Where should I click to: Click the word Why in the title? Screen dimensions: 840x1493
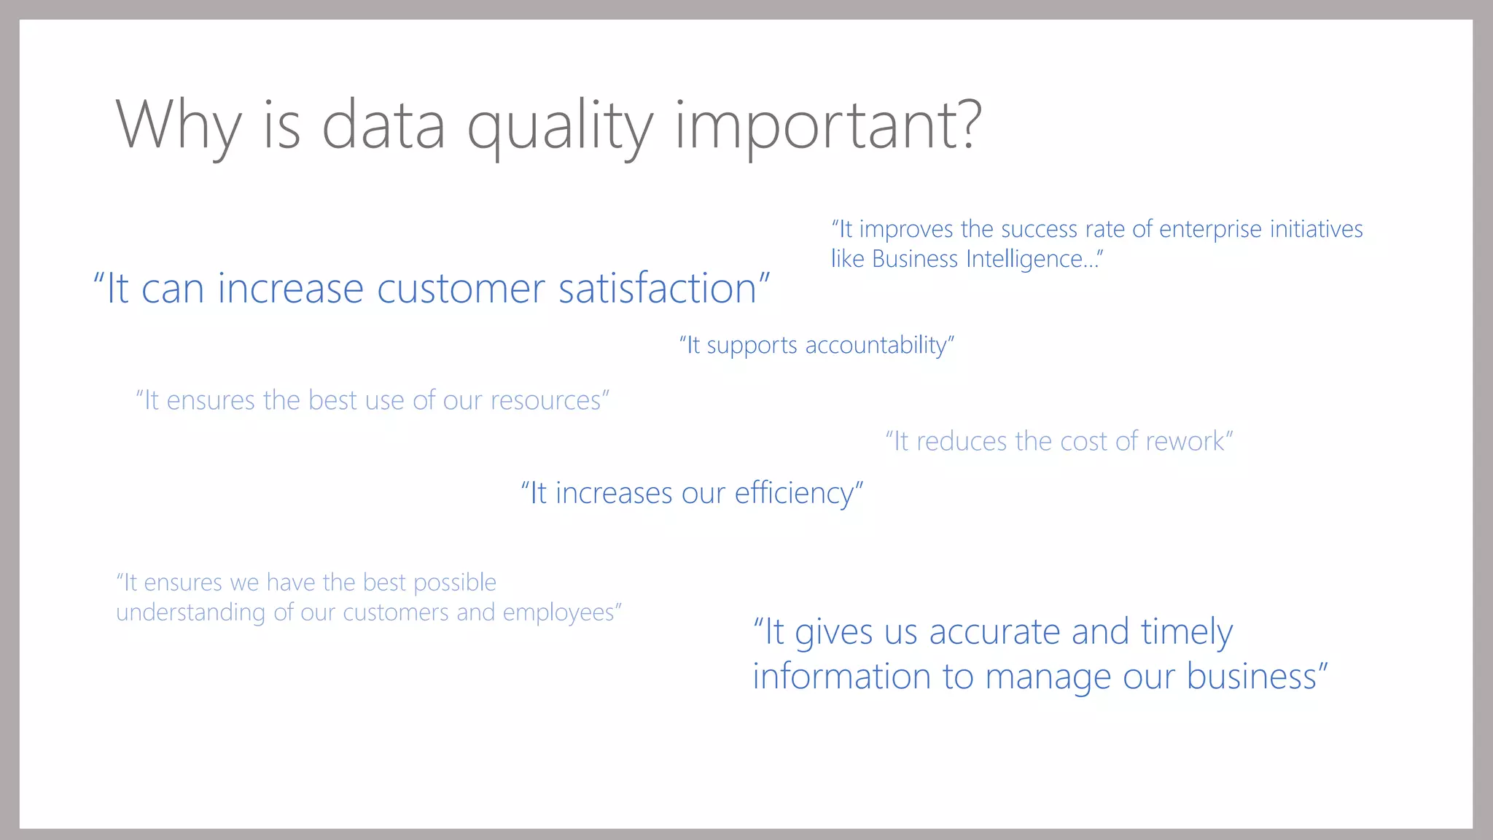pos(178,125)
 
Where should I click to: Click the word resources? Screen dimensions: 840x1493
pos(546,400)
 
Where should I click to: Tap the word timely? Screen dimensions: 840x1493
pos(1187,631)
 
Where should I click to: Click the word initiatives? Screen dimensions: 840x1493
pos(1316,230)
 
